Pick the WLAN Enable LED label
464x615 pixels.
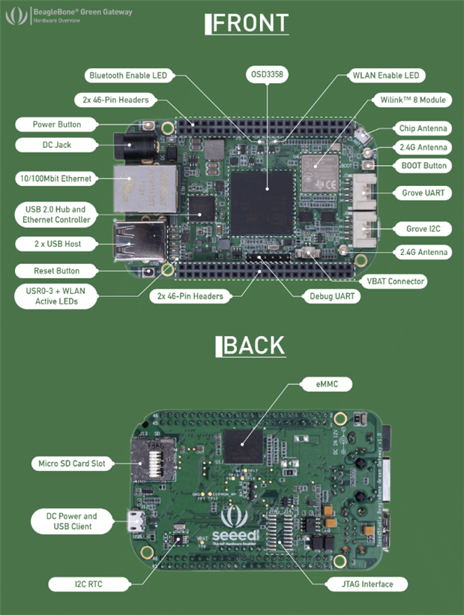[388, 76]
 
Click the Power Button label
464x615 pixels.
[57, 124]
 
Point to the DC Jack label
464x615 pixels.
[52, 144]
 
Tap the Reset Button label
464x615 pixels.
[57, 270]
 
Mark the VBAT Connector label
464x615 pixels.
[397, 281]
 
